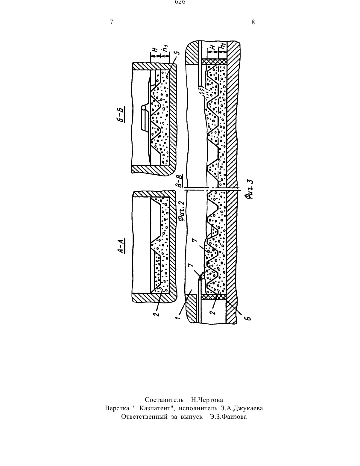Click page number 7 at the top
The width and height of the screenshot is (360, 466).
(111, 22)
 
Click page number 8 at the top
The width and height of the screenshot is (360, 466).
(253, 22)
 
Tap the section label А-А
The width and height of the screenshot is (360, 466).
(122, 246)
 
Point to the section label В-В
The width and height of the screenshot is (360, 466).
(181, 181)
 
